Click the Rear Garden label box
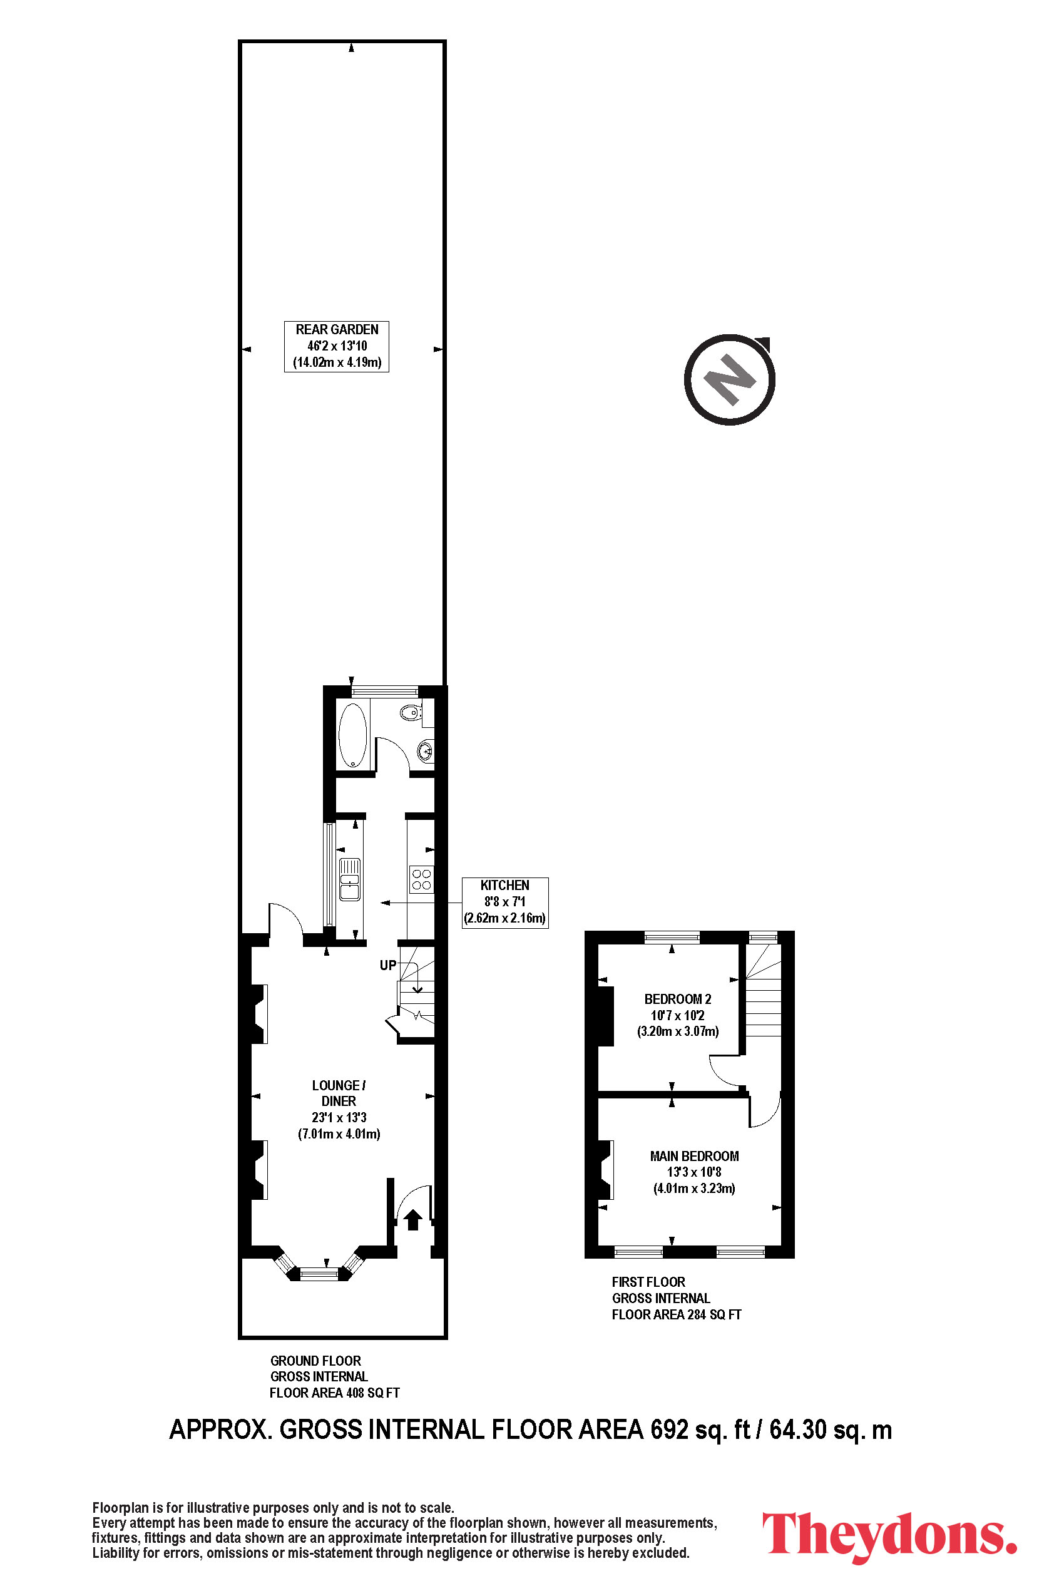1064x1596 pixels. (337, 346)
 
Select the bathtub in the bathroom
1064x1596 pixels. (352, 735)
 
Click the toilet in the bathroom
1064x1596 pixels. (410, 712)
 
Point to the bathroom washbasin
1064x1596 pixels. (426, 750)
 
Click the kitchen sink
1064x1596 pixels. (349, 879)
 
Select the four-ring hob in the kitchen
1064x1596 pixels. (421, 879)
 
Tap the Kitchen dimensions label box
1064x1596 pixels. (505, 903)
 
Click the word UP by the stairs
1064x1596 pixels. (388, 965)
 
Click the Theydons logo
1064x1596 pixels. (889, 1537)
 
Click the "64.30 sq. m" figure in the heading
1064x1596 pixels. (831, 1430)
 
